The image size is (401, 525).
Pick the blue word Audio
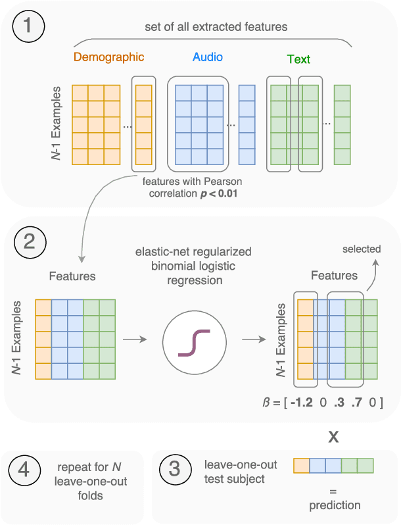coord(208,57)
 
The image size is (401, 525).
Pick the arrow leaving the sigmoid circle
coord(254,340)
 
